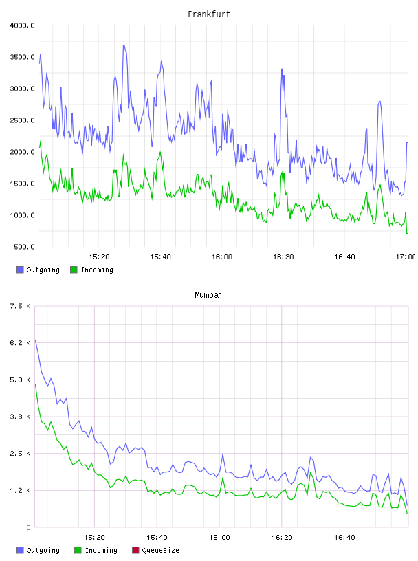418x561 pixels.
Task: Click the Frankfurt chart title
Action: coord(209,14)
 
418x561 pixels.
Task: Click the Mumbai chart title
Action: coord(208,295)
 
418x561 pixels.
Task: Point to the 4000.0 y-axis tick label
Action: coord(22,25)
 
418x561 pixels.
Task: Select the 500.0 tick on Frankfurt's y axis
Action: coord(24,247)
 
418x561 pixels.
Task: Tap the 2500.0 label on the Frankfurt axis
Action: coord(22,120)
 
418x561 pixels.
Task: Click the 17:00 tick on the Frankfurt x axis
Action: coord(406,257)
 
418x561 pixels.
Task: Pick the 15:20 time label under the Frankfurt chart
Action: coord(99,257)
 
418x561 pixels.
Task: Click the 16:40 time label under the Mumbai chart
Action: coord(344,538)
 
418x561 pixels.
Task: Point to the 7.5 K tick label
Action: coord(21,306)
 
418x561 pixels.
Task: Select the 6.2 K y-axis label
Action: coord(21,343)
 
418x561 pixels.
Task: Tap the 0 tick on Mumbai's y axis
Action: coord(28,527)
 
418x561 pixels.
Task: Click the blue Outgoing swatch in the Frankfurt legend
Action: coord(20,269)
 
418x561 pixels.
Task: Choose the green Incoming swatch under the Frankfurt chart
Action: coord(74,269)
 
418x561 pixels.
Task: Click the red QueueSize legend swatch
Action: coord(135,550)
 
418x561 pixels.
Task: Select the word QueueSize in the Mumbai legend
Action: coord(160,550)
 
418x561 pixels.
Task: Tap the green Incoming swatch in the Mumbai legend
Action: coord(78,550)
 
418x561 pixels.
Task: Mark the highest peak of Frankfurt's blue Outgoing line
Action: coord(124,45)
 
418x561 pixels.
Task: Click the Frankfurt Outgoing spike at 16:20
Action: coord(282,69)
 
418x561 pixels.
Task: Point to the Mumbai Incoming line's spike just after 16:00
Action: coord(223,478)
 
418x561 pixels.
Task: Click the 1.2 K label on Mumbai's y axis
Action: coord(21,490)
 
